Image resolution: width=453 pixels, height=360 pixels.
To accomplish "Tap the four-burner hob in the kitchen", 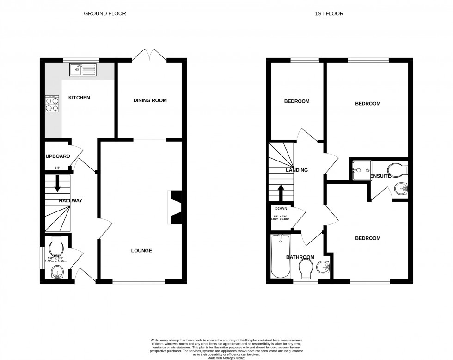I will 52,104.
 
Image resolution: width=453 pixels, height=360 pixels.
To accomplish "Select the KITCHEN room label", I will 79,98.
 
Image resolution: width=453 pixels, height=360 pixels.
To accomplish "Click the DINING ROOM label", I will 150,100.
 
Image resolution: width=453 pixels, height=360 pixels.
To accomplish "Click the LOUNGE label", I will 141,250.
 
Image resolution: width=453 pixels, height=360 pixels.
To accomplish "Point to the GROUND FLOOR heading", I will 104,14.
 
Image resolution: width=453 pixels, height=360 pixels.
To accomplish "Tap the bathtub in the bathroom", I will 280,256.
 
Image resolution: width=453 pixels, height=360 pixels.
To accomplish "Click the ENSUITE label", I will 380,176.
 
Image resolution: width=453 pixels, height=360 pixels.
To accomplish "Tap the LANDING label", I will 297,170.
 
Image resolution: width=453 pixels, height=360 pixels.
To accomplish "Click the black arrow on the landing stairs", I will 280,192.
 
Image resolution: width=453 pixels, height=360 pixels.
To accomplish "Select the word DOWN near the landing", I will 281,209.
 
